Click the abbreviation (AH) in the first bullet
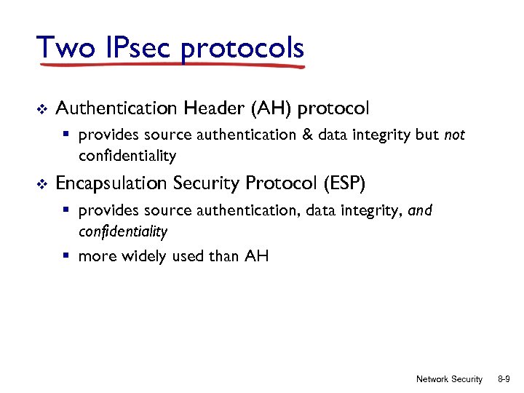tap(272, 108)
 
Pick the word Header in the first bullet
tap(215, 108)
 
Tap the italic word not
tap(453, 135)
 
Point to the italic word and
tap(421, 211)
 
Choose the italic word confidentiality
tap(123, 232)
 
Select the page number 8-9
tap(503, 379)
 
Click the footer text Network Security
tap(449, 379)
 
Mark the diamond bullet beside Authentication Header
tap(41, 109)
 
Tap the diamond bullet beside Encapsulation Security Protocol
tap(41, 184)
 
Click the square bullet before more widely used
tap(66, 255)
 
